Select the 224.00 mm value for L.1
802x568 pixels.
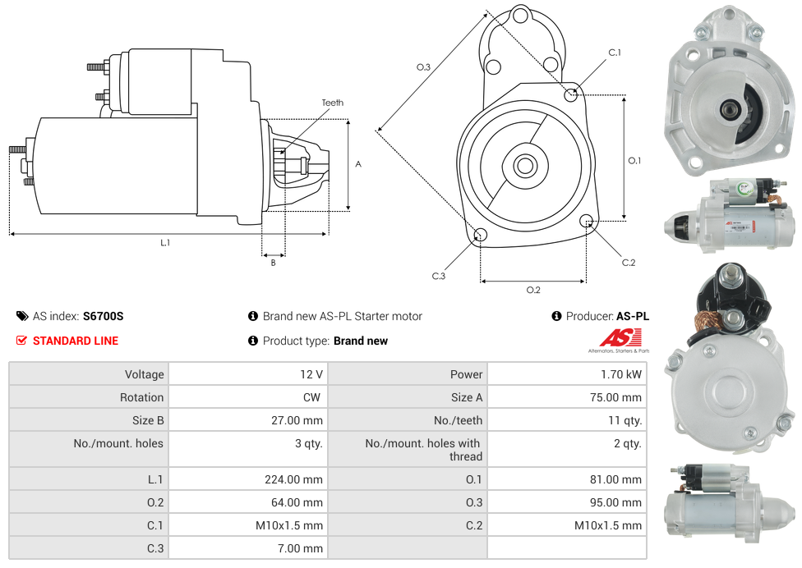tap(300, 479)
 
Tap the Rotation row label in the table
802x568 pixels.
tap(141, 397)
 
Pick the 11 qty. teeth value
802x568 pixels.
tap(626, 420)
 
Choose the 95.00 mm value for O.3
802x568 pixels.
tap(621, 502)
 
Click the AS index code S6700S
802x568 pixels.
tap(103, 316)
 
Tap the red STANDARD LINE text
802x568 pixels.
tap(75, 341)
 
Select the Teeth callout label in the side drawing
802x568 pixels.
tap(332, 103)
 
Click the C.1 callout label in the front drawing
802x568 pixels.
tap(614, 53)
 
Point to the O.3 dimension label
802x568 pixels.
tap(423, 67)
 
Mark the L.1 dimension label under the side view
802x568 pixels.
tap(165, 242)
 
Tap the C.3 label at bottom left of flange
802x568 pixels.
tap(438, 276)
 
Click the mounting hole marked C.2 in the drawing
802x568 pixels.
tap(587, 221)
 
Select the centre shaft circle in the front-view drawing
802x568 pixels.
tap(525, 166)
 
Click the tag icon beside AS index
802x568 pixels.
tap(22, 316)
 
